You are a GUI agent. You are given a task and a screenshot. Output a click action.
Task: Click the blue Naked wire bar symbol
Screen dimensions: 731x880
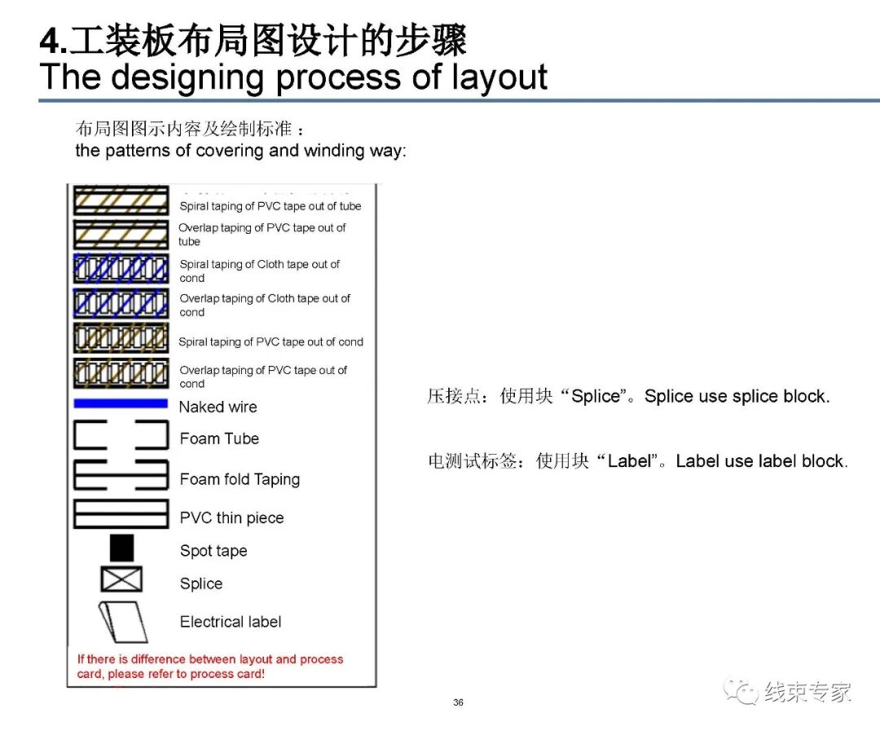(x=121, y=403)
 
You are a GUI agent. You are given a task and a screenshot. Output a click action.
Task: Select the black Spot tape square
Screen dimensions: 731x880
(x=121, y=548)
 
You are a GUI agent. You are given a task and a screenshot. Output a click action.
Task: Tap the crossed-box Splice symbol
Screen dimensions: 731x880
(x=121, y=579)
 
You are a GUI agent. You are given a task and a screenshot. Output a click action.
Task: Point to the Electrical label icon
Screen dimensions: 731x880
(x=123, y=622)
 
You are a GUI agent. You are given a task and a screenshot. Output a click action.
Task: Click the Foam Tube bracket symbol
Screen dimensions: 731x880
(x=121, y=435)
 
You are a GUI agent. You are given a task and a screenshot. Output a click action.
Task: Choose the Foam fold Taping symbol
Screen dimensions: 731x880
(x=121, y=475)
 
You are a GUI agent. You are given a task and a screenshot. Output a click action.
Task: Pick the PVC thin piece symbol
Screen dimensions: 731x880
(x=121, y=513)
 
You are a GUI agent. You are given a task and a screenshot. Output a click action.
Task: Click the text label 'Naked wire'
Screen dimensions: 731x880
(x=218, y=407)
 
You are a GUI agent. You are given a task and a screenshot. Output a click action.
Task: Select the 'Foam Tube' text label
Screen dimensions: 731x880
(x=219, y=438)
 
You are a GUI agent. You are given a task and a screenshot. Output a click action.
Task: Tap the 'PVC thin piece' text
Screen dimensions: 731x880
(x=231, y=517)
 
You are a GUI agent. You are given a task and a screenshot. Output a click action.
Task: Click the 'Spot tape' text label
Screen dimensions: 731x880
(x=213, y=551)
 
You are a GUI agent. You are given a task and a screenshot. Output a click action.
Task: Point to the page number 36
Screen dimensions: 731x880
(x=458, y=702)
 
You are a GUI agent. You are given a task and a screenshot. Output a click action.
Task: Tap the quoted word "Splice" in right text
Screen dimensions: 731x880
(x=597, y=397)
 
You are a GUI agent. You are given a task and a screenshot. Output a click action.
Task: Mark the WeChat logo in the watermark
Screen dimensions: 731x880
(x=741, y=692)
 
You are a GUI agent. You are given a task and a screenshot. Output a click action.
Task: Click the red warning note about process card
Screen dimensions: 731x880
(x=210, y=667)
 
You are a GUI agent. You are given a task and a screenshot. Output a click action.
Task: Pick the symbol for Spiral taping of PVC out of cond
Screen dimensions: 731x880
(x=121, y=337)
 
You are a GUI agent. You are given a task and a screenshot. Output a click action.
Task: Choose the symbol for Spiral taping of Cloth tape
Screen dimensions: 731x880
(x=121, y=269)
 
